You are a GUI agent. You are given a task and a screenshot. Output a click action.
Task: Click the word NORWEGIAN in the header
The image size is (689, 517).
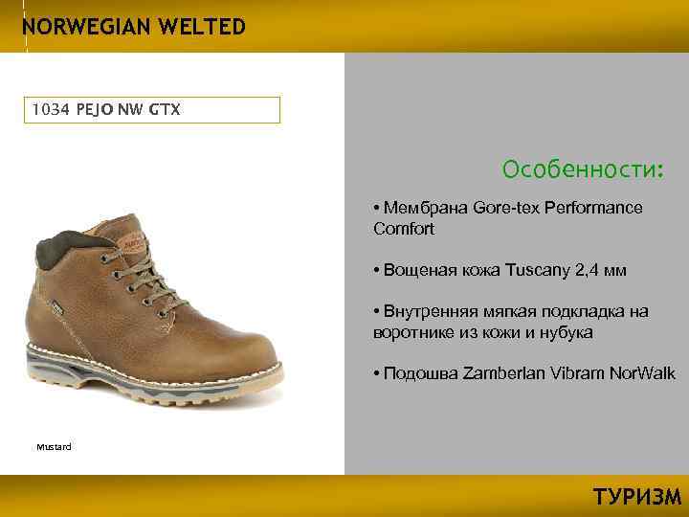pyautogui.click(x=80, y=26)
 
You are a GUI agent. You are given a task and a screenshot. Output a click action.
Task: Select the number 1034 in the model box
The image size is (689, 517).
pyautogui.click(x=49, y=110)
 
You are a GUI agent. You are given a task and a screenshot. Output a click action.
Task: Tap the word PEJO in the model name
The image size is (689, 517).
pyautogui.click(x=93, y=110)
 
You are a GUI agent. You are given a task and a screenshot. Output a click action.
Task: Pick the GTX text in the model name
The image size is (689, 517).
pyautogui.click(x=164, y=110)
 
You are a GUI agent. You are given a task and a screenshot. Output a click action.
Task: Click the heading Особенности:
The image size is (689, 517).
pyautogui.click(x=582, y=170)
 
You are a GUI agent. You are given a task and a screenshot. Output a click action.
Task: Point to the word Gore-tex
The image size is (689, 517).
pyautogui.click(x=494, y=208)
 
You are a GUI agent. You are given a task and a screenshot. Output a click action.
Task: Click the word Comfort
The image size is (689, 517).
pyautogui.click(x=404, y=229)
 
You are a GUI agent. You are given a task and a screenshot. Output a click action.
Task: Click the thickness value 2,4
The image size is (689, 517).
pyautogui.click(x=589, y=270)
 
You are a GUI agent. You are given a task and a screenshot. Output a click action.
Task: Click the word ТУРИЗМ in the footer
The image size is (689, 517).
pyautogui.click(x=637, y=497)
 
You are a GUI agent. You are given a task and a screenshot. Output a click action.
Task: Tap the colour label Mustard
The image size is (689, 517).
pyautogui.click(x=54, y=447)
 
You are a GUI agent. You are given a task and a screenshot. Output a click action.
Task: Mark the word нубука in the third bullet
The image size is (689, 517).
pyautogui.click(x=565, y=332)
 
